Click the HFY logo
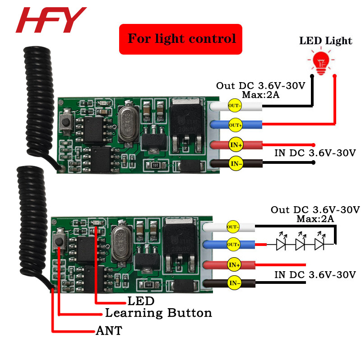51,20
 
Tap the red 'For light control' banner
181,39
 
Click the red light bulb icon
322,61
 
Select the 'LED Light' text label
325,41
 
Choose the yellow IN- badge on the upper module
236,162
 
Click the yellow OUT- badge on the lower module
233,227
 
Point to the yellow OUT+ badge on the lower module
233,245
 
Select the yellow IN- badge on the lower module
233,283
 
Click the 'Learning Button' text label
158,313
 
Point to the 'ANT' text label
109,331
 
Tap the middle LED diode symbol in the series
300,244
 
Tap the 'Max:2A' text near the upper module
261,95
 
